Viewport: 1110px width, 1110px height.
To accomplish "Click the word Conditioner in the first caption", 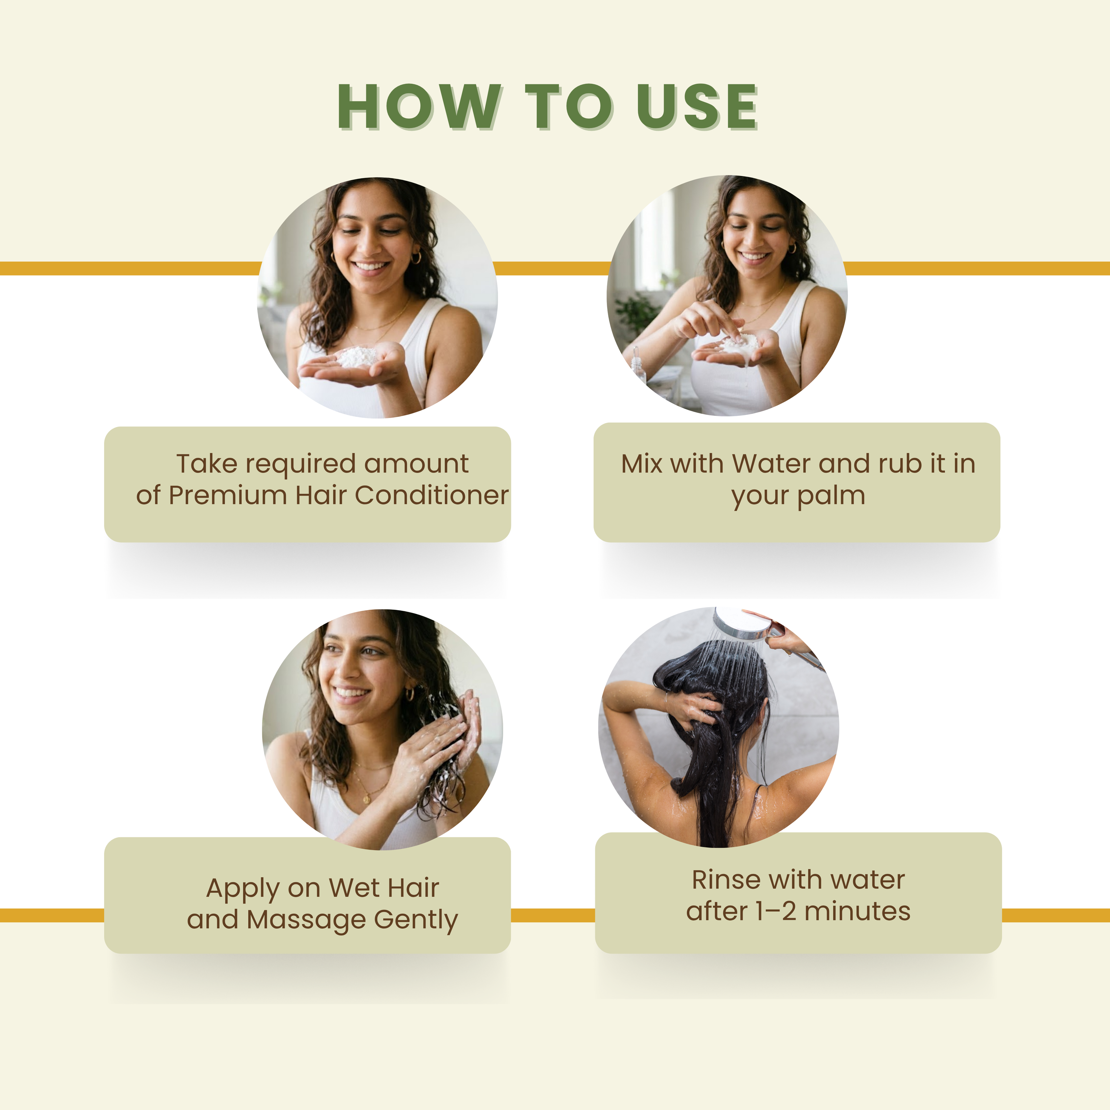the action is click(432, 495).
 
